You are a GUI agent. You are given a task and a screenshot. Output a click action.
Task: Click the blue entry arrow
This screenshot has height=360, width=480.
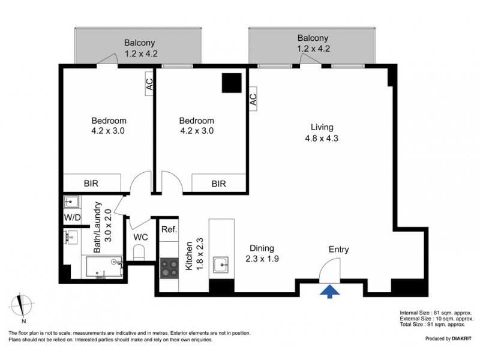pyautogui.click(x=329, y=290)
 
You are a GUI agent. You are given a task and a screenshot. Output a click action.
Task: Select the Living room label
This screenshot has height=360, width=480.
pyautogui.click(x=322, y=127)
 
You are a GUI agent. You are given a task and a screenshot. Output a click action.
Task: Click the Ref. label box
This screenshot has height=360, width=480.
pyautogui.click(x=167, y=229)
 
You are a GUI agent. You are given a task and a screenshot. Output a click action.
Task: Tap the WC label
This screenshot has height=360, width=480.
pyautogui.click(x=140, y=237)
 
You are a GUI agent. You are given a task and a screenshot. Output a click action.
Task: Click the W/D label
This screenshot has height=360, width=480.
pyautogui.click(x=72, y=217)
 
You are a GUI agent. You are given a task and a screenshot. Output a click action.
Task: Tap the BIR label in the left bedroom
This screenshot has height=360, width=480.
pyautogui.click(x=91, y=184)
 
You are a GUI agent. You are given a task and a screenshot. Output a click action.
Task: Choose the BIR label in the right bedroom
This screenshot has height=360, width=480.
pyautogui.click(x=219, y=184)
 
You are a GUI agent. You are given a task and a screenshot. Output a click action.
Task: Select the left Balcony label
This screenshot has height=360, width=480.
pyautogui.click(x=140, y=43)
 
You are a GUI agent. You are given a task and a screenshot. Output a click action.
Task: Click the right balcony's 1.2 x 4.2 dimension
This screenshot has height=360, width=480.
pyautogui.click(x=313, y=49)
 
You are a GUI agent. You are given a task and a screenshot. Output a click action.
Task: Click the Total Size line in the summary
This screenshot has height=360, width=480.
pyautogui.click(x=436, y=325)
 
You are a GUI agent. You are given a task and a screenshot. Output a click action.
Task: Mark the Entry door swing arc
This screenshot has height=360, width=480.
pyautogui.click(x=332, y=269)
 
